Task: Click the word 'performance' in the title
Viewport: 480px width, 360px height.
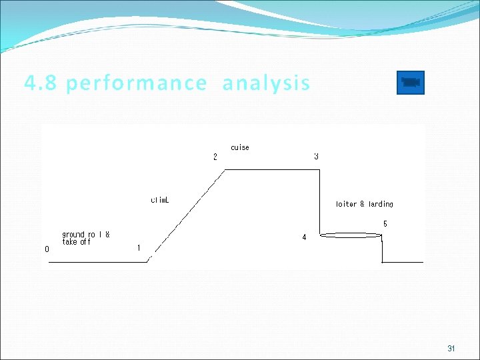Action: [137, 84]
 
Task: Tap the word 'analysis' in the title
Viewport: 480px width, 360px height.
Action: [266, 84]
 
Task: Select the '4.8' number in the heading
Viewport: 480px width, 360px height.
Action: [41, 83]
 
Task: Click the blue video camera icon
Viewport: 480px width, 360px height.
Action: [410, 83]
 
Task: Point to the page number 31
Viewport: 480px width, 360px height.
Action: [451, 349]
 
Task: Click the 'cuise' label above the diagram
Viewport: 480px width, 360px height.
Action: [240, 147]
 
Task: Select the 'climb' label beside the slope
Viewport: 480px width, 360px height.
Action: [160, 199]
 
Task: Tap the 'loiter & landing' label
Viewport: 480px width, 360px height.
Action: [365, 204]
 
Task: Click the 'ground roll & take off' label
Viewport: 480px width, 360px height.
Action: [86, 238]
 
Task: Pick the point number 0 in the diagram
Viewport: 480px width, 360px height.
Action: [47, 249]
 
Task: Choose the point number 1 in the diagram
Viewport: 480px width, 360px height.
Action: [139, 248]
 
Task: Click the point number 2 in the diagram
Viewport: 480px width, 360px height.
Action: [215, 157]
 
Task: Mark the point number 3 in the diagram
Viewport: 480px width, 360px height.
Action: [316, 157]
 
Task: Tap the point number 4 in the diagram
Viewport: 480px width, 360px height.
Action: [304, 237]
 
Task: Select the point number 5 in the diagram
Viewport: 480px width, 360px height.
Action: [385, 224]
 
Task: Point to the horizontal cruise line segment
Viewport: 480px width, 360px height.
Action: [273, 170]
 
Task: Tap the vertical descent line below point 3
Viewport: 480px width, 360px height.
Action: [320, 200]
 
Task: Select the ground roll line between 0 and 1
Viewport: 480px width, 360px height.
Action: [97, 262]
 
